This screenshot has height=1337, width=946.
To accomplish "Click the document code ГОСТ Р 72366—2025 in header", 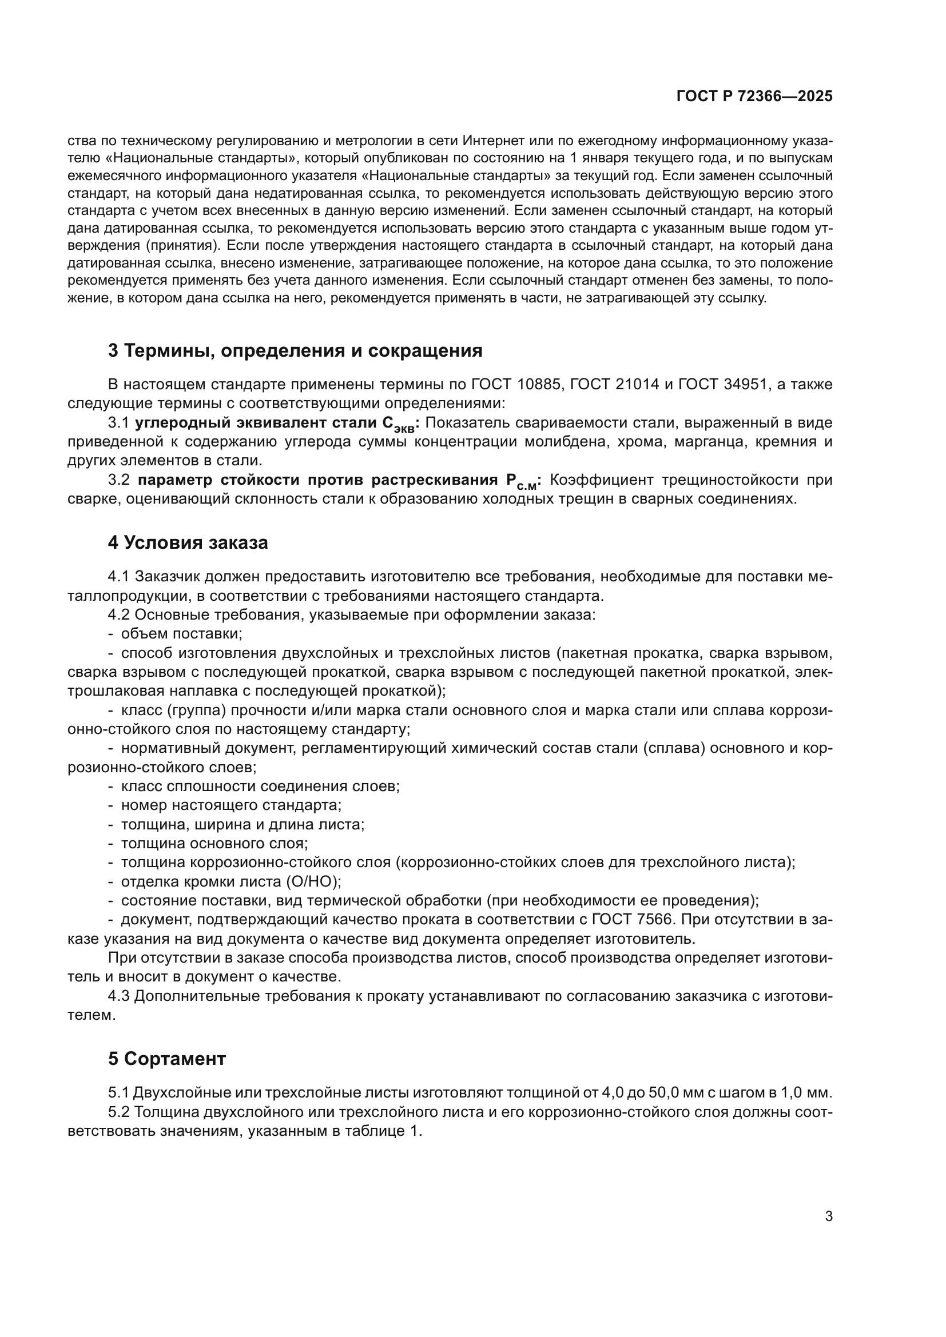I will pyautogui.click(x=754, y=97).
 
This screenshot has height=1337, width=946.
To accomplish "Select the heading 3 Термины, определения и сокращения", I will pyautogui.click(x=295, y=350).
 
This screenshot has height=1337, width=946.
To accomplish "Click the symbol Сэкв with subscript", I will pyautogui.click(x=399, y=425).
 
